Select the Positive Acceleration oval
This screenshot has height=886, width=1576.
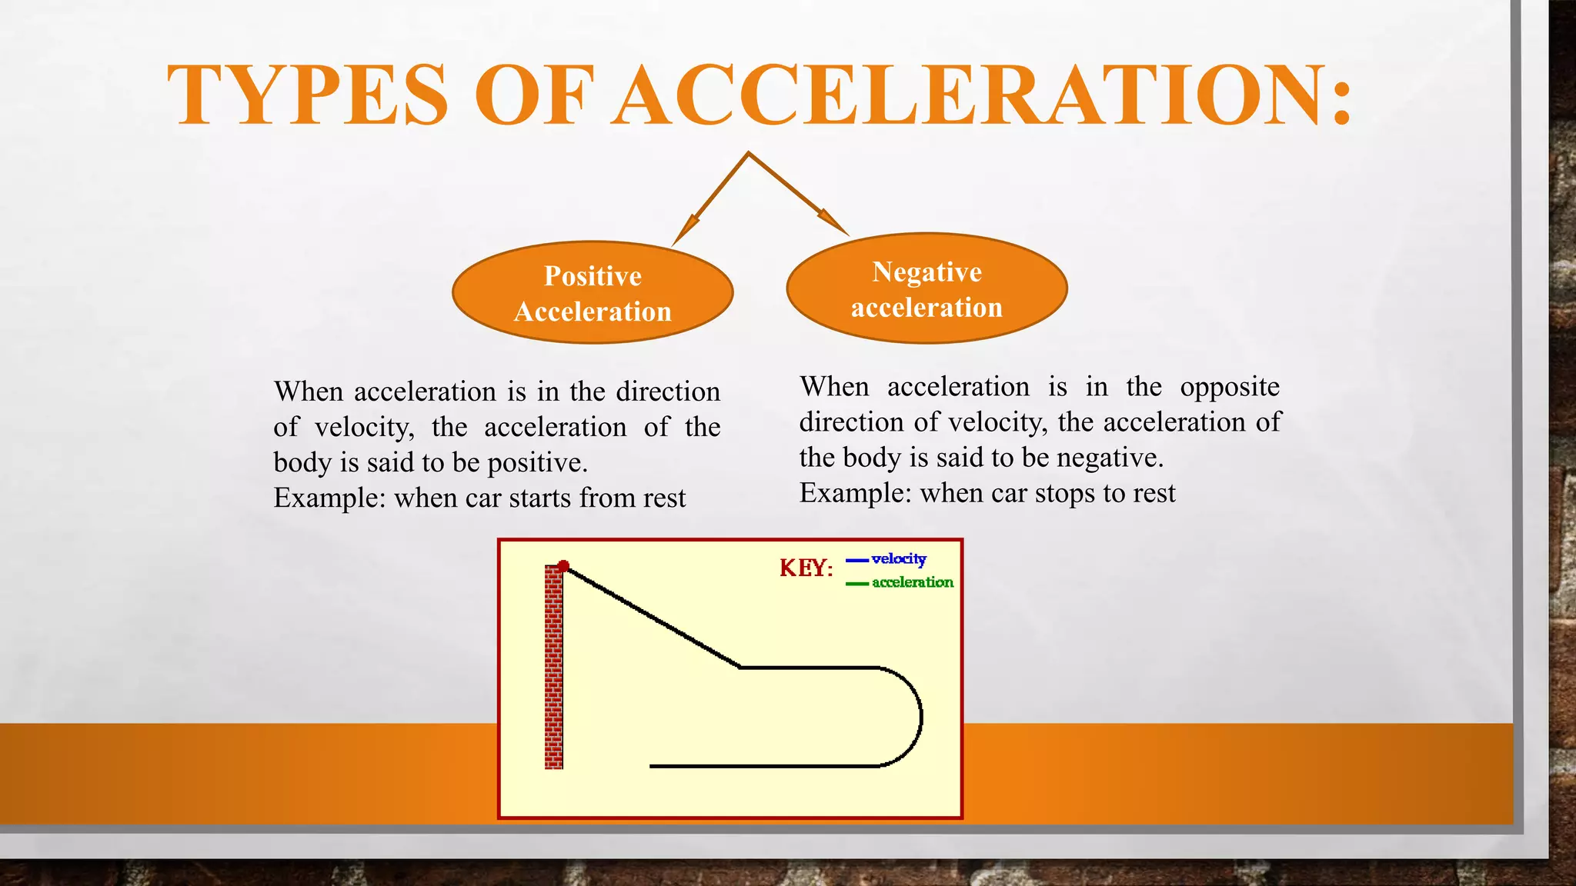593,293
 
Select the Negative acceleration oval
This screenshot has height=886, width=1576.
927,289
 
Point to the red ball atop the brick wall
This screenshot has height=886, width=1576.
563,566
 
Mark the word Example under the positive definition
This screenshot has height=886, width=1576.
329,498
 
